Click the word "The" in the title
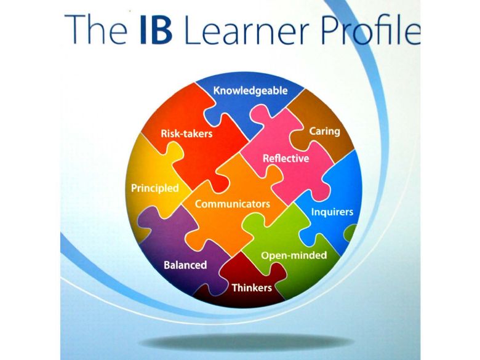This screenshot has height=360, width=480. [95, 30]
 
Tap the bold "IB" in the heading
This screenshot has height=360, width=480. [156, 30]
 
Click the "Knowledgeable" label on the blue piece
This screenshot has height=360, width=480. [250, 91]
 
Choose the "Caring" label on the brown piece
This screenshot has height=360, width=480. [324, 132]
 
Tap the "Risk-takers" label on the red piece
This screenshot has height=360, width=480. [186, 134]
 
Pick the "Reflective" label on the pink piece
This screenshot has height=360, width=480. [286, 159]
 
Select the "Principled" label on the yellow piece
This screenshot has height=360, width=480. [155, 188]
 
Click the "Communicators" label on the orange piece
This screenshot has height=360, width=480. [233, 204]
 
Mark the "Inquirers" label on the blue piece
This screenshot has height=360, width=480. [332, 212]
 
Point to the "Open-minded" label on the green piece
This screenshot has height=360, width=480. [294, 255]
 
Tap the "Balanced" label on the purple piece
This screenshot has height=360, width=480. [185, 265]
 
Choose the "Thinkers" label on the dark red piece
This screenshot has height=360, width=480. [252, 288]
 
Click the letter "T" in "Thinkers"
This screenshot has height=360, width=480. [235, 288]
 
